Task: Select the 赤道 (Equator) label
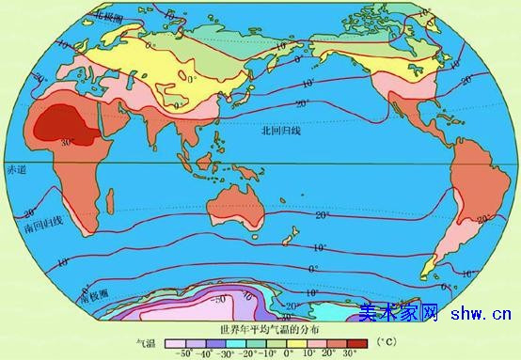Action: (17, 170)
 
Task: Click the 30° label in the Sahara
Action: (67, 142)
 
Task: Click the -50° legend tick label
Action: (185, 353)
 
